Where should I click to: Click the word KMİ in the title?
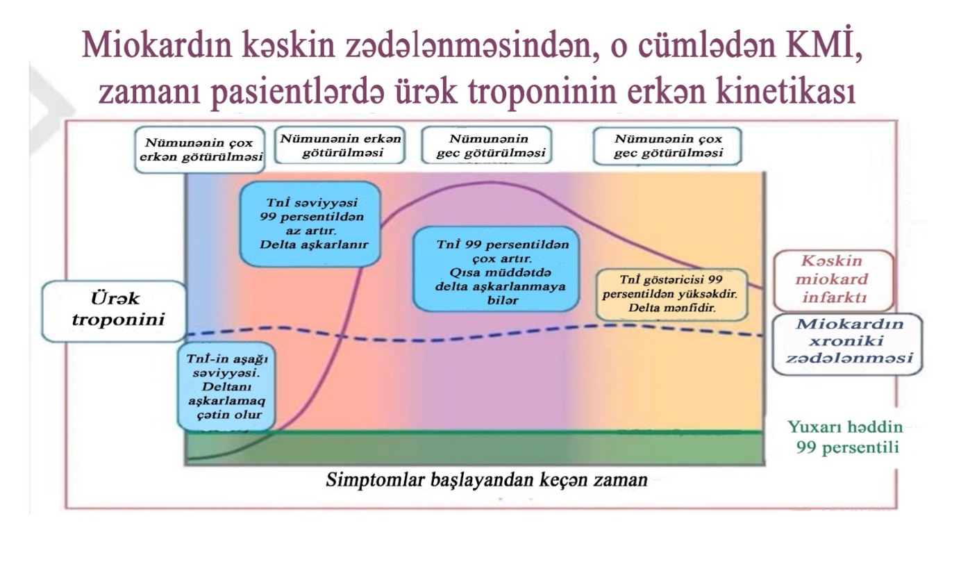coord(810,47)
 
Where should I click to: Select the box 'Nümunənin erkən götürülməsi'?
coord(340,144)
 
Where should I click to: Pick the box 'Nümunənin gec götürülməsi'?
coord(486,144)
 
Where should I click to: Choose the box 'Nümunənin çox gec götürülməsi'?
coord(668,144)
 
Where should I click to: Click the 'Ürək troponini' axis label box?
coord(114,310)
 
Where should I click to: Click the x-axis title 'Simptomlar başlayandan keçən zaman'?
coord(487,480)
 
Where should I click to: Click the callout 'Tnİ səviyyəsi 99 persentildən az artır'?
coord(310,224)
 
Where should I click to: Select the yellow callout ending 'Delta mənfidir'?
coord(672,294)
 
